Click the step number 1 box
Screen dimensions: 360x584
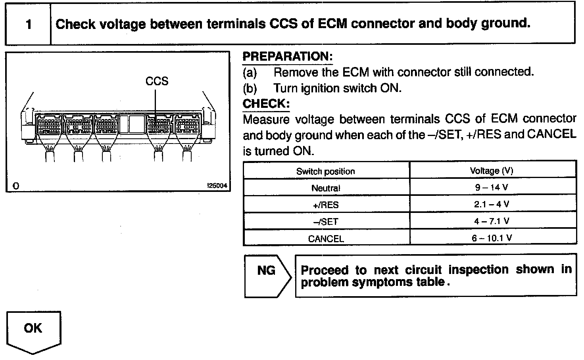[28, 25]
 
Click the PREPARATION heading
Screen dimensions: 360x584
[287, 56]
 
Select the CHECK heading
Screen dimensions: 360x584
[266, 104]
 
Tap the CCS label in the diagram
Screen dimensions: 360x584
[157, 81]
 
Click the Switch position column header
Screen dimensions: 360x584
[325, 171]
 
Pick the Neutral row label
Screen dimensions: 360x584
[325, 188]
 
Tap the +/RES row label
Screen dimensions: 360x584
[325, 205]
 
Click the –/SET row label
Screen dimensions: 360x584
[325, 222]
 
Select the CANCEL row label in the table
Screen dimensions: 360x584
[325, 239]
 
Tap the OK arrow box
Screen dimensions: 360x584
[33, 331]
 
